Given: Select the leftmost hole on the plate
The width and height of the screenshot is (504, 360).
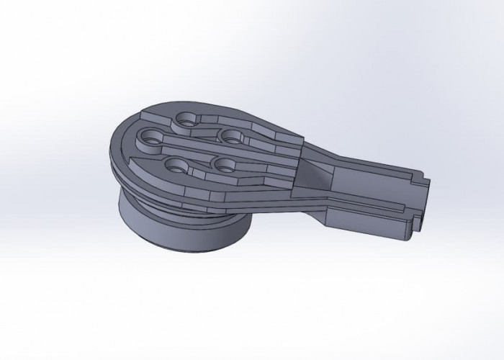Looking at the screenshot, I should click(x=153, y=134).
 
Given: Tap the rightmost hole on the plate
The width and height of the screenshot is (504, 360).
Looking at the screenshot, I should click(x=230, y=135).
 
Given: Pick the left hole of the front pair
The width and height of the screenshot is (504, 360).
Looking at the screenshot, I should click(x=173, y=164).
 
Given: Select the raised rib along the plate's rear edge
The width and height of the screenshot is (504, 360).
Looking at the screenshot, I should click(x=238, y=115).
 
